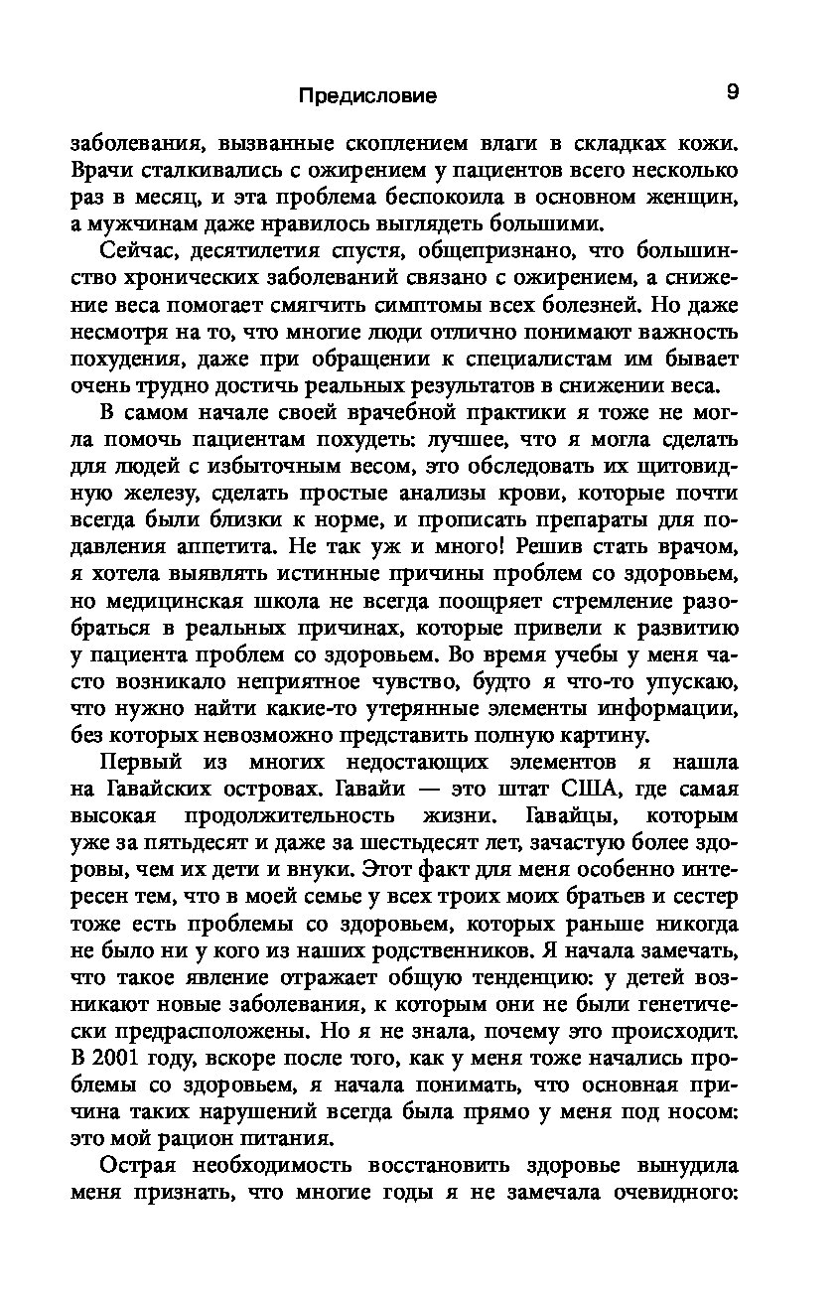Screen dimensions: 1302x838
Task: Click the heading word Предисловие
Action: point(367,96)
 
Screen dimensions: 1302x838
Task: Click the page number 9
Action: point(732,92)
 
